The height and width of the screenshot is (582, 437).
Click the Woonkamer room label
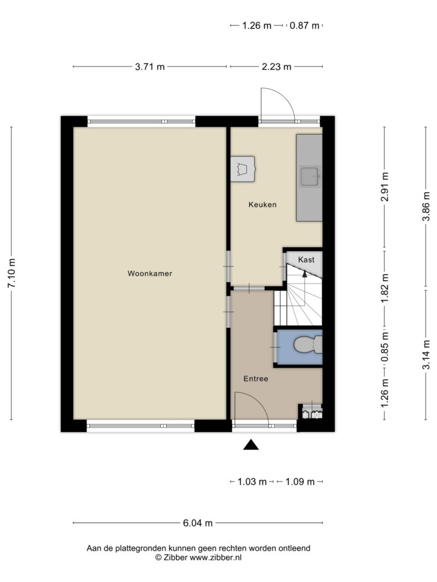coord(150,273)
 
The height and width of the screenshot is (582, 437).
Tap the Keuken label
coord(262,205)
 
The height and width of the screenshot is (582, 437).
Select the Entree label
coord(255,379)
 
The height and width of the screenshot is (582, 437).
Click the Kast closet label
coord(306,260)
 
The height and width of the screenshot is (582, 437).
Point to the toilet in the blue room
coord(308,345)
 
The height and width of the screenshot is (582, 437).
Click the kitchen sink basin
coord(309,176)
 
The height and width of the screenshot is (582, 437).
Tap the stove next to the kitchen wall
coord(242,169)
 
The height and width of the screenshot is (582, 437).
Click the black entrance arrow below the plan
coord(251,444)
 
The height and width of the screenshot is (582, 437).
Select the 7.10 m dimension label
coord(11,273)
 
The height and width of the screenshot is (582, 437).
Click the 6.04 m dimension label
coord(197,523)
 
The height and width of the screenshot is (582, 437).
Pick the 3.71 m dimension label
coord(150,67)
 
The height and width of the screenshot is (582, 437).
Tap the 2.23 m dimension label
coord(277,67)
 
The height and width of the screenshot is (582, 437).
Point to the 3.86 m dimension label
coord(426,206)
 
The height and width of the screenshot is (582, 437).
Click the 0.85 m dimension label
coord(385,346)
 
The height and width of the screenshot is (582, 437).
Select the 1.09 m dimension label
coord(300,482)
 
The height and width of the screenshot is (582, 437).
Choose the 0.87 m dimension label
coord(304,26)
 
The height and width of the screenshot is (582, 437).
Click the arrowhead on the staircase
coord(305,274)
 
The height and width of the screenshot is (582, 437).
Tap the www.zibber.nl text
coord(216,558)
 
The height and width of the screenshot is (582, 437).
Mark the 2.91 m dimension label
coord(385,186)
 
